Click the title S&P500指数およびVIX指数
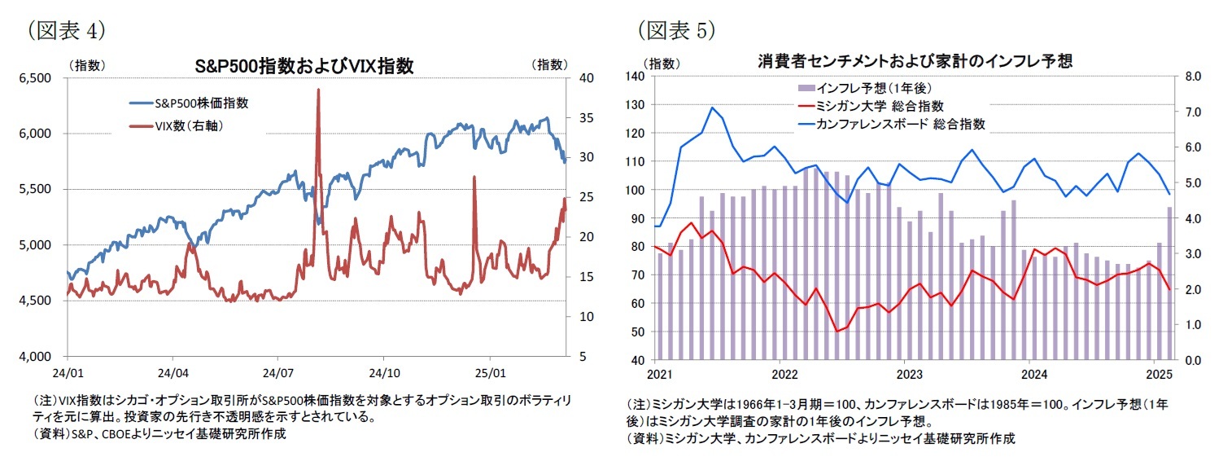pyautogui.click(x=304, y=66)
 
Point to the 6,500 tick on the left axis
pyautogui.click(x=35, y=77)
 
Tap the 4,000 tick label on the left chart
pyautogui.click(x=35, y=356)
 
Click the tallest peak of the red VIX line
pyautogui.click(x=317, y=90)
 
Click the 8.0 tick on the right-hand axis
pyautogui.click(x=1194, y=77)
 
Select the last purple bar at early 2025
pyautogui.click(x=1169, y=283)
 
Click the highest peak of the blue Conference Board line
pyautogui.click(x=712, y=107)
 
